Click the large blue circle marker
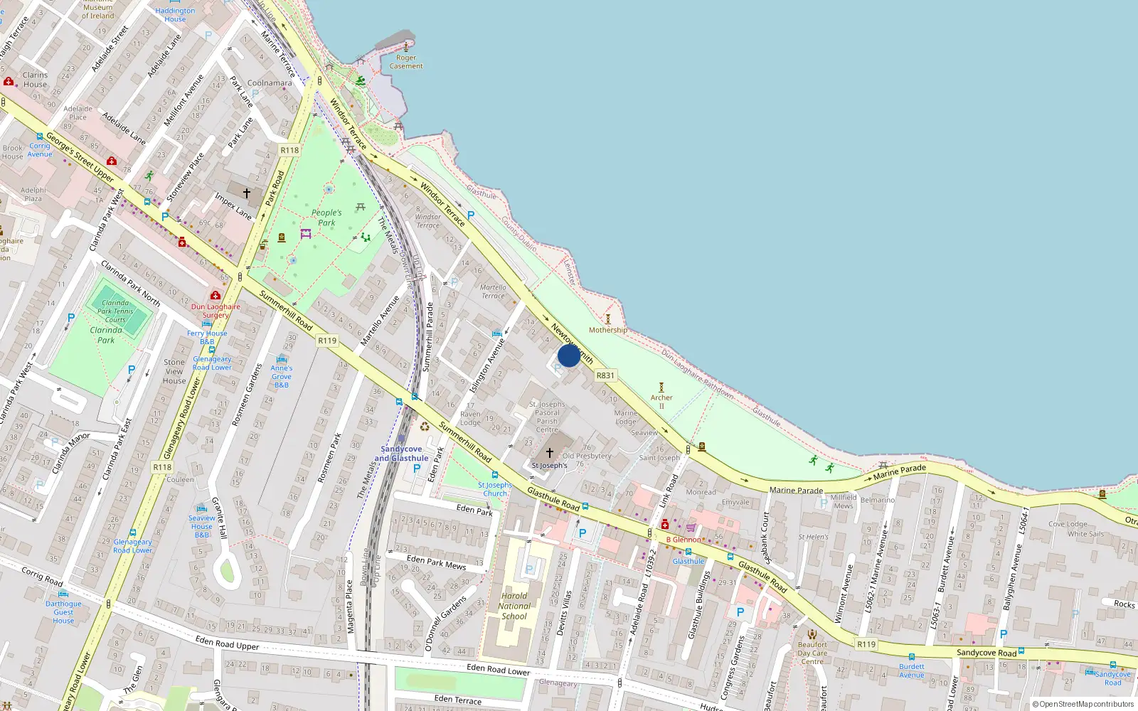click(569, 355)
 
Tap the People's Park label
click(326, 218)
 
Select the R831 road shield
click(605, 375)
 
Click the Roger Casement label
click(406, 62)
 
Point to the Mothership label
click(608, 330)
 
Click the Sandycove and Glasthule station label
click(401, 454)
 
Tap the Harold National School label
click(514, 606)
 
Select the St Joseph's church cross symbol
click(550, 452)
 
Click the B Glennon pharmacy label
click(684, 540)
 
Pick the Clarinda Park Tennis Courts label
click(115, 311)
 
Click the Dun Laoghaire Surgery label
click(216, 311)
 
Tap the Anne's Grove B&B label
click(282, 376)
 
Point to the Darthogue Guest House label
click(63, 612)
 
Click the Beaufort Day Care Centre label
click(812, 653)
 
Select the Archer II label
click(661, 401)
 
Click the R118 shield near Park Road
click(289, 150)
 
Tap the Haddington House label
click(175, 15)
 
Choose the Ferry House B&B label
click(207, 337)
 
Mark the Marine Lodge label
click(626, 417)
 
